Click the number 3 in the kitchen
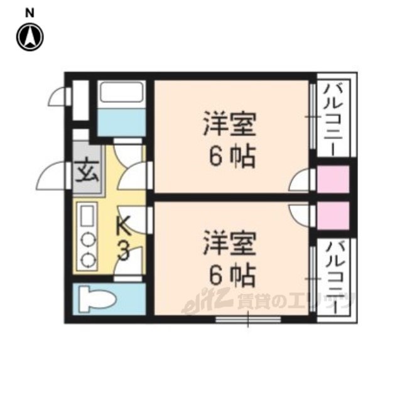tap(124, 252)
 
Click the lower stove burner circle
tap(87, 258)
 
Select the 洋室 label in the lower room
tap(229, 243)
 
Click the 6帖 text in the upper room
tap(232, 157)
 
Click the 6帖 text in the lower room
tap(232, 274)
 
